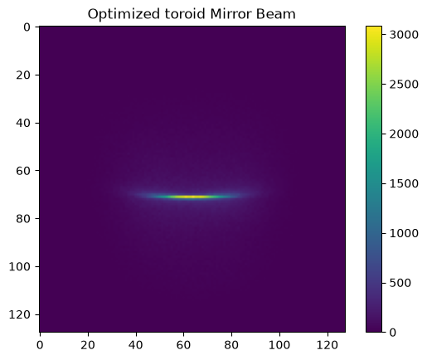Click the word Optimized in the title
point(124,14)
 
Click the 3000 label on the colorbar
point(404,35)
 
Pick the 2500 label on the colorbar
point(404,85)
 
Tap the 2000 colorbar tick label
point(404,134)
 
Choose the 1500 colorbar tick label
point(404,183)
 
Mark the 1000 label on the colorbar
point(404,233)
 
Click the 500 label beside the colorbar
point(400,283)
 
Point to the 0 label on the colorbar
point(393,333)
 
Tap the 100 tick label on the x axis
point(279,345)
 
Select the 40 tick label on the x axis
point(136,345)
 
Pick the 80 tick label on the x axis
point(231,345)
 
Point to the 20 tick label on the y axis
point(23,75)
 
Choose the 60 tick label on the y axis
point(23,171)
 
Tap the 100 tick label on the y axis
point(20,266)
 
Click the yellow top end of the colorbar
point(374,27)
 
